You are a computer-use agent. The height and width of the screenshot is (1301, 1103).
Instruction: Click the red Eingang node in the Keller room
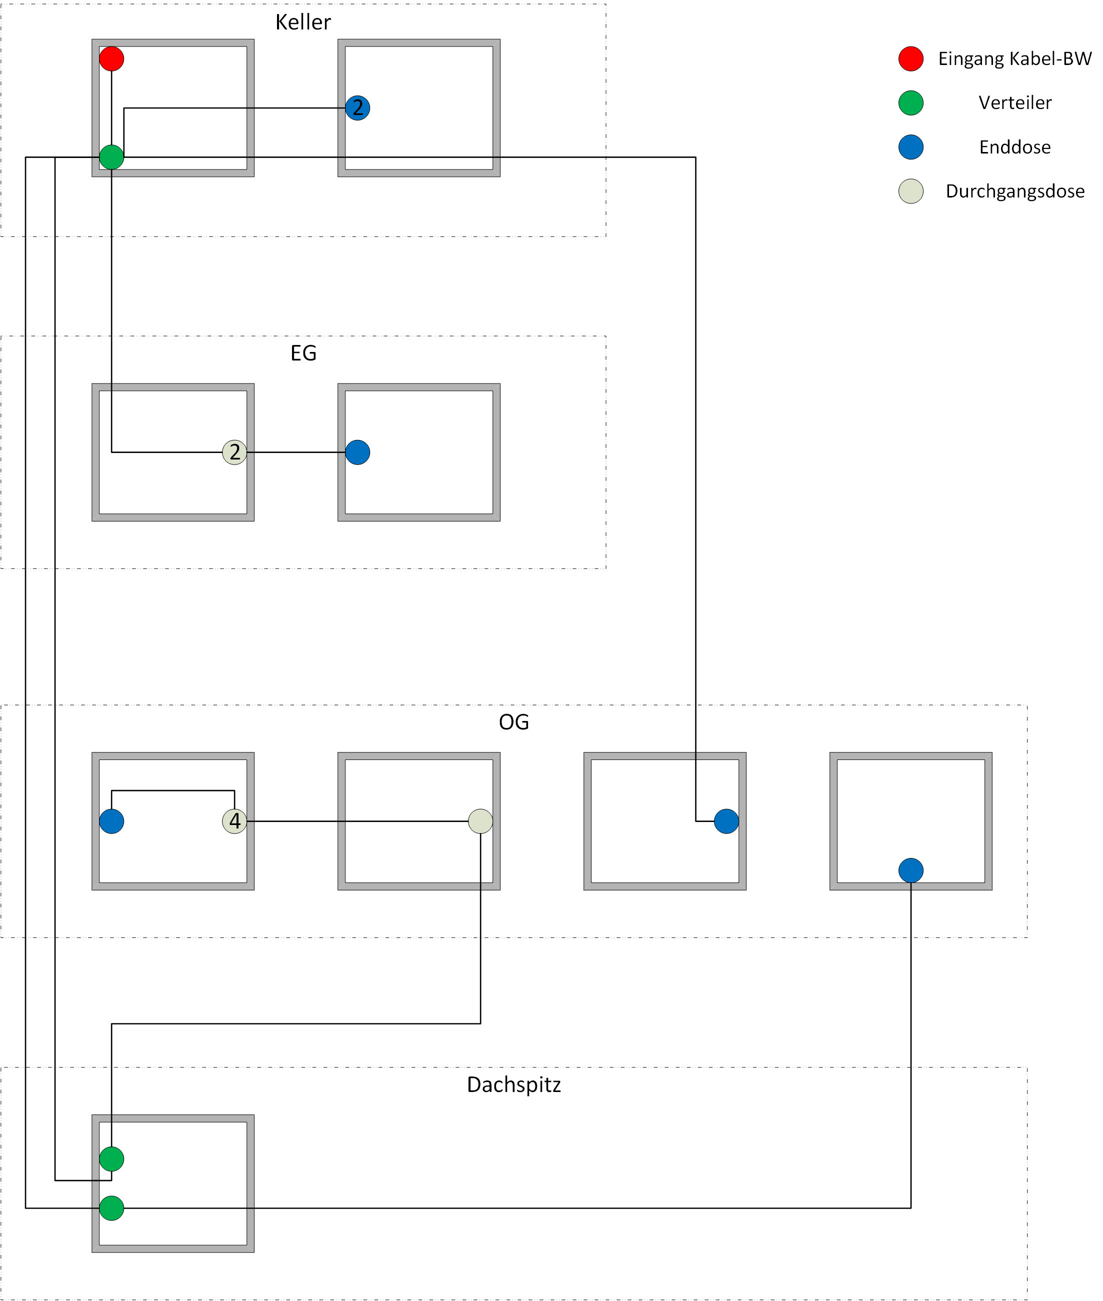pyautogui.click(x=111, y=59)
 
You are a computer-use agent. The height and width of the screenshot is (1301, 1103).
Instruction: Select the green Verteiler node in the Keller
pyautogui.click(x=111, y=157)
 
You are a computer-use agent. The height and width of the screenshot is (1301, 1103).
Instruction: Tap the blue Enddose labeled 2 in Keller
pyautogui.click(x=357, y=107)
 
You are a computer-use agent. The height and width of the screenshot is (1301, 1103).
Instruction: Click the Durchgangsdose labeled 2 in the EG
pyautogui.click(x=234, y=452)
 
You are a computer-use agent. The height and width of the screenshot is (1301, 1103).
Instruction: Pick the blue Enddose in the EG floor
pyautogui.click(x=357, y=452)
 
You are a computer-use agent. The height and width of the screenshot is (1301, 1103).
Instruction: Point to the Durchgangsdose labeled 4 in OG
pyautogui.click(x=234, y=821)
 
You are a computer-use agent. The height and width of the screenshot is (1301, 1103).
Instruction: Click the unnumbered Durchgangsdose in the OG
pyautogui.click(x=480, y=821)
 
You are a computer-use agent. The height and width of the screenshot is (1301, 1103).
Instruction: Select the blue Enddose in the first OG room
pyautogui.click(x=111, y=821)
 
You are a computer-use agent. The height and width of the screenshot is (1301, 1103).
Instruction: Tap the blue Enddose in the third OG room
pyautogui.click(x=726, y=821)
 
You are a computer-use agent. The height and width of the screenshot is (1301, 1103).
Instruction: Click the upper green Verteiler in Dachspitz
pyautogui.click(x=111, y=1158)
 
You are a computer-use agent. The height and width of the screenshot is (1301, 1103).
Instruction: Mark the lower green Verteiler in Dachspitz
pyautogui.click(x=111, y=1208)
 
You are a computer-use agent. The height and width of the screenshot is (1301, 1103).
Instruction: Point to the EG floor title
pyautogui.click(x=303, y=353)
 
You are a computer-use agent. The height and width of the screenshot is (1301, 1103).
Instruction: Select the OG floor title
pyautogui.click(x=513, y=722)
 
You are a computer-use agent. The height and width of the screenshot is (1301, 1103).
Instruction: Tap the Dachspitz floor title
pyautogui.click(x=513, y=1084)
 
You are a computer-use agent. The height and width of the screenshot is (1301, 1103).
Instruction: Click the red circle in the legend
pyautogui.click(x=910, y=59)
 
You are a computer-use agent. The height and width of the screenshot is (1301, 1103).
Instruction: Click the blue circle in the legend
pyautogui.click(x=910, y=147)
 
